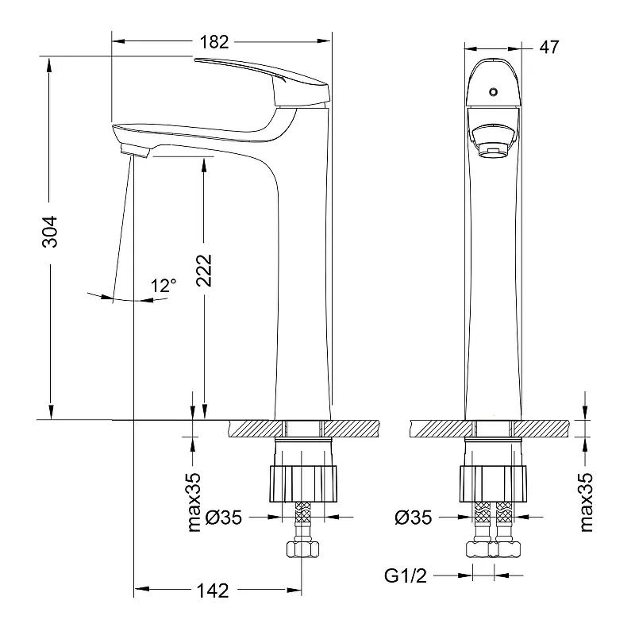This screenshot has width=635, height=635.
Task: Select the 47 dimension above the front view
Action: [x=548, y=47]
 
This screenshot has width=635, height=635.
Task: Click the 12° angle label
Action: [x=164, y=286]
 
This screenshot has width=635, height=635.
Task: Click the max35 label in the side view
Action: [x=192, y=501]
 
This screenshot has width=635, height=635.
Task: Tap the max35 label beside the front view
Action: [x=586, y=501]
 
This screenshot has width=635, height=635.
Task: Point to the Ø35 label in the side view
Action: [x=224, y=518]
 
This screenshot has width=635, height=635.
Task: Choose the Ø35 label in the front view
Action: [x=413, y=518]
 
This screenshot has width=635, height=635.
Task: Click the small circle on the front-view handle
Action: [x=493, y=91]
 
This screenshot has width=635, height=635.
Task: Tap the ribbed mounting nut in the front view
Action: [x=493, y=481]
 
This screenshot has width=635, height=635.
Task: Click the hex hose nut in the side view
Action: [x=302, y=548]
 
